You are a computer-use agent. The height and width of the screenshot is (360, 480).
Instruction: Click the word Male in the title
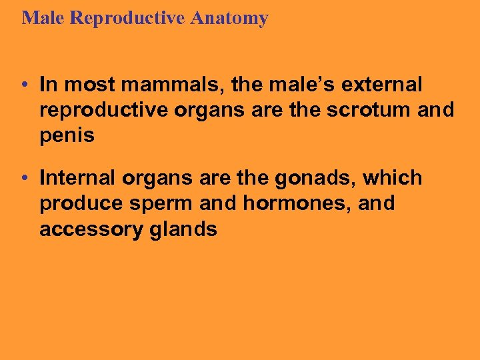pyautogui.click(x=43, y=18)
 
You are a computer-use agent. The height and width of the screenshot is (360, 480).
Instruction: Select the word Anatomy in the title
pyautogui.click(x=229, y=18)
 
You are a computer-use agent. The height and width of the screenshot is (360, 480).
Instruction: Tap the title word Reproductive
pyautogui.click(x=129, y=18)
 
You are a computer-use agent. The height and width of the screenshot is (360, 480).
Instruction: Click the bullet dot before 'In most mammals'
pyautogui.click(x=23, y=85)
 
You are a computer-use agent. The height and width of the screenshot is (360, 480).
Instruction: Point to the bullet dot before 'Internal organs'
pyautogui.click(x=23, y=178)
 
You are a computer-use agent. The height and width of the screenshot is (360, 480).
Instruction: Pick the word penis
pyautogui.click(x=67, y=136)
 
